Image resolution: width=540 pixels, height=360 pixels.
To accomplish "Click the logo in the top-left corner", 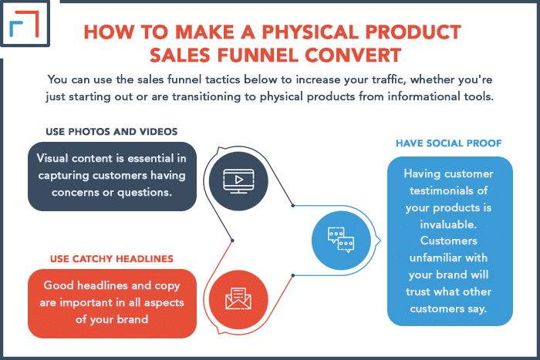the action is (25, 23).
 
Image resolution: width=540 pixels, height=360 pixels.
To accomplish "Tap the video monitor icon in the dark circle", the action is (238, 180).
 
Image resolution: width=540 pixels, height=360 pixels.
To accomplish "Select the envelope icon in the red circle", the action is (238, 298).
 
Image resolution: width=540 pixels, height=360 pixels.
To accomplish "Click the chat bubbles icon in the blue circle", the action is (341, 241).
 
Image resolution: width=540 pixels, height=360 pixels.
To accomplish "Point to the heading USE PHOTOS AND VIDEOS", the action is (112, 132).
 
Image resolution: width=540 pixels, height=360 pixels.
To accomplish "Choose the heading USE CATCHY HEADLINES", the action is (112, 259).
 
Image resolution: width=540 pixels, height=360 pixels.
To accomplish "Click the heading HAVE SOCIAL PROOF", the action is (449, 143).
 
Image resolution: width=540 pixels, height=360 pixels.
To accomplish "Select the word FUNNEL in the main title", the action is (258, 55).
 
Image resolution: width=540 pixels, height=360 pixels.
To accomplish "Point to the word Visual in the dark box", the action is (52, 158).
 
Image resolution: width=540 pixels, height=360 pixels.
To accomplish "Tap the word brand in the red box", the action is (133, 319).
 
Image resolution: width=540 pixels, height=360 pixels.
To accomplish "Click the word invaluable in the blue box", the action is (448, 224).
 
